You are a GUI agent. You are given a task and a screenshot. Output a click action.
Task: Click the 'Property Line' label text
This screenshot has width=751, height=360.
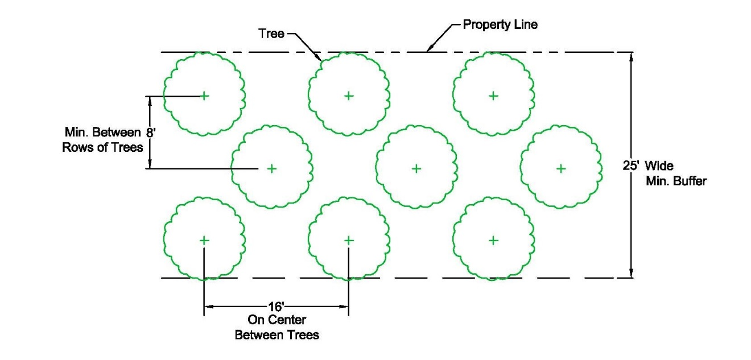[x=500, y=25]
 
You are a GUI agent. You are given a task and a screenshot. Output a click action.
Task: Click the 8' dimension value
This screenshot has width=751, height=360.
[x=150, y=133]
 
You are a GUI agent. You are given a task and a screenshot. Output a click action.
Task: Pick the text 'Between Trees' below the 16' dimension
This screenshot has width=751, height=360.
[x=277, y=335]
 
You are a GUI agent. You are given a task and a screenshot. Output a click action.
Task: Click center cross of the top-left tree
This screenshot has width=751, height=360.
[x=204, y=96]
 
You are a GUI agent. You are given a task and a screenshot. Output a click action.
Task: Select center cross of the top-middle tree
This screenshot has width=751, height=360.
[x=349, y=96]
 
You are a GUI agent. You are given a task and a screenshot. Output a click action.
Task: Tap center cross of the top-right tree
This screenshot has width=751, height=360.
[x=493, y=96]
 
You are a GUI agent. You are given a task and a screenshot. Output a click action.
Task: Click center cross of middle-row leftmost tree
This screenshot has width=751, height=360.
[x=272, y=168]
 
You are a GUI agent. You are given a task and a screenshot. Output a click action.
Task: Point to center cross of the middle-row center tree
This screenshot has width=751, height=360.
[x=416, y=168]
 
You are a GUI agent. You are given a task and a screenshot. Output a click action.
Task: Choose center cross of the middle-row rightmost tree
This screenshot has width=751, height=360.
[x=561, y=168]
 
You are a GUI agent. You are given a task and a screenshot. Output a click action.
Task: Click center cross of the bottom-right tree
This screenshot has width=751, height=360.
[x=493, y=241]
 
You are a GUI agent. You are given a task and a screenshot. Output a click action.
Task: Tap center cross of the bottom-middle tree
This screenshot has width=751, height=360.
[x=349, y=241]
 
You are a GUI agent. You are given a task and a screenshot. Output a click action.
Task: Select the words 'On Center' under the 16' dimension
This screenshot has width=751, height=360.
[x=277, y=320]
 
